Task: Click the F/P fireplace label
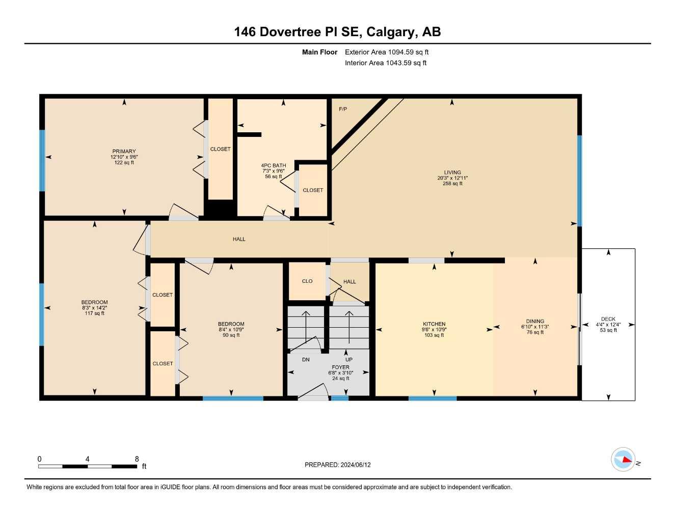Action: pos(343,109)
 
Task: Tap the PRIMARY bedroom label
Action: pos(124,151)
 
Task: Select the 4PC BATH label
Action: pos(274,165)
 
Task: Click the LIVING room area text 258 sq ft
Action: pos(452,184)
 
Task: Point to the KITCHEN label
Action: pos(434,324)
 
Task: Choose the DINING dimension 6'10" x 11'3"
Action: pos(535,327)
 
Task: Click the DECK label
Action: pos(608,319)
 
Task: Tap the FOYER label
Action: pos(340,367)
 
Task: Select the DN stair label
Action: pos(306,360)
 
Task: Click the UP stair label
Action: pos(349,360)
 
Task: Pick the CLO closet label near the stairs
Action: pos(307,281)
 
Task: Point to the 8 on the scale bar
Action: pos(137,459)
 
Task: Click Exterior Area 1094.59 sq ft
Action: pos(387,52)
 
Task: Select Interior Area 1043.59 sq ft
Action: pos(386,63)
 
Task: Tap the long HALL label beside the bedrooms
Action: pos(239,239)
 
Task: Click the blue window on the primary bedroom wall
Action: pos(42,161)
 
